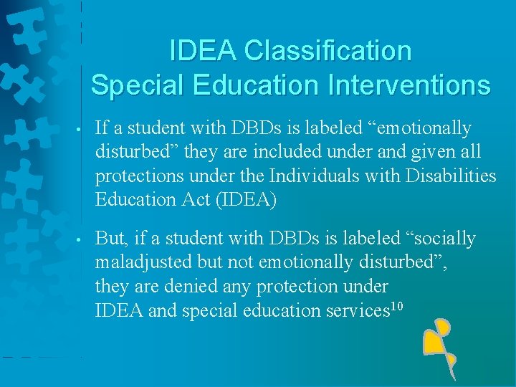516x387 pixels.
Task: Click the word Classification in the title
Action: click(x=328, y=51)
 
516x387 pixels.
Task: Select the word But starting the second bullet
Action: click(x=110, y=239)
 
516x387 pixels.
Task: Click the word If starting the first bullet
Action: click(x=102, y=128)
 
